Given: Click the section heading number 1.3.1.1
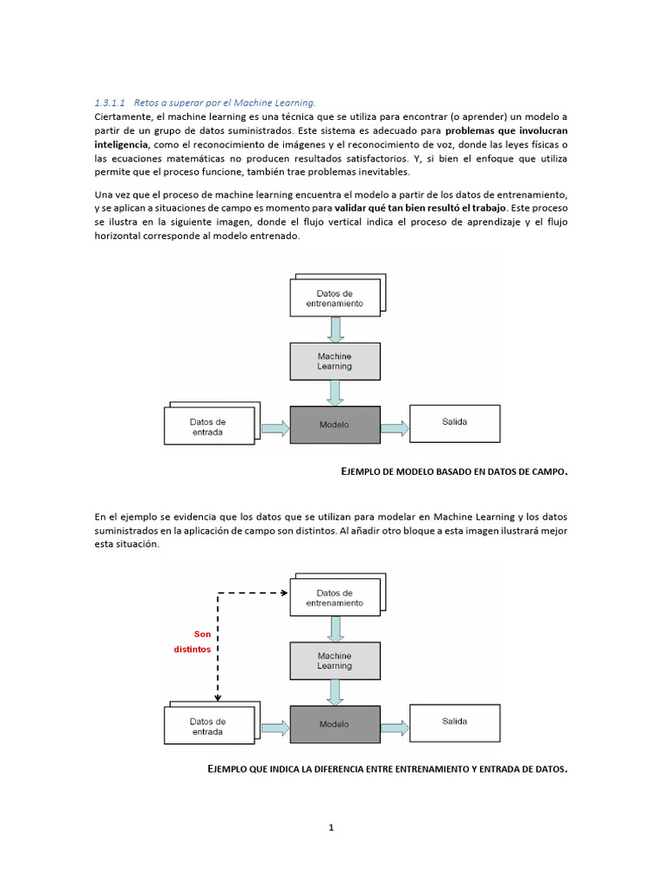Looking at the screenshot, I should click(x=110, y=103).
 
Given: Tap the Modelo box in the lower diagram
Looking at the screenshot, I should click(x=334, y=724).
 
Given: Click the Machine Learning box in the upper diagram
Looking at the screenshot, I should click(x=334, y=361).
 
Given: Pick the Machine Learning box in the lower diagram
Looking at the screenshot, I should click(x=334, y=660).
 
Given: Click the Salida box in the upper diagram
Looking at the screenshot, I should click(x=454, y=422).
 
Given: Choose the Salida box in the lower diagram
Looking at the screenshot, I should click(x=454, y=722).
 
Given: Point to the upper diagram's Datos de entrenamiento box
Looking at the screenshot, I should click(x=334, y=298).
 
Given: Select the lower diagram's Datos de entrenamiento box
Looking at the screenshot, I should click(x=334, y=597).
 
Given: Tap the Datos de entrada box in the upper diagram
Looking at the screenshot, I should click(x=208, y=427).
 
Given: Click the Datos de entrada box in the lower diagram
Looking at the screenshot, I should click(x=208, y=726).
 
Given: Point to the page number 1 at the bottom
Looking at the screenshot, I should click(x=331, y=828).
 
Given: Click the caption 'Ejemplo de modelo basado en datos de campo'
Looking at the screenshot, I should click(x=455, y=471).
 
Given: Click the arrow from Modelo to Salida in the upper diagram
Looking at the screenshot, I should click(x=394, y=428).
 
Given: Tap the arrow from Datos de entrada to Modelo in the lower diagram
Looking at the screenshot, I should click(x=274, y=727).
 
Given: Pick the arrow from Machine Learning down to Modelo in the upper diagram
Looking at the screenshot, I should click(x=335, y=393).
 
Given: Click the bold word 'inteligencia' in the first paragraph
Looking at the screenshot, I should click(x=121, y=144).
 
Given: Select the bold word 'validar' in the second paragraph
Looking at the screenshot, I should click(x=355, y=209).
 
